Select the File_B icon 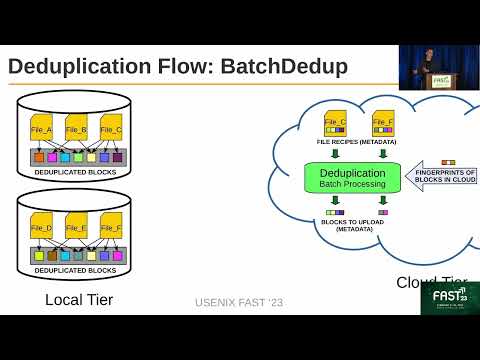pyautogui.click(x=77, y=129)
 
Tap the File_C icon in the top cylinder pyautogui.click(x=110, y=129)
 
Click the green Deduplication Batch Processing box pyautogui.click(x=344, y=179)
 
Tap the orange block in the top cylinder pyautogui.click(x=39, y=157)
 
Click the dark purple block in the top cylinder pyautogui.click(x=117, y=157)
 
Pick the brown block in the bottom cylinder pyautogui.click(x=52, y=256)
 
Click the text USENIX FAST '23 pyautogui.click(x=240, y=301)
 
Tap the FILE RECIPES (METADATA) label pyautogui.click(x=356, y=143)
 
